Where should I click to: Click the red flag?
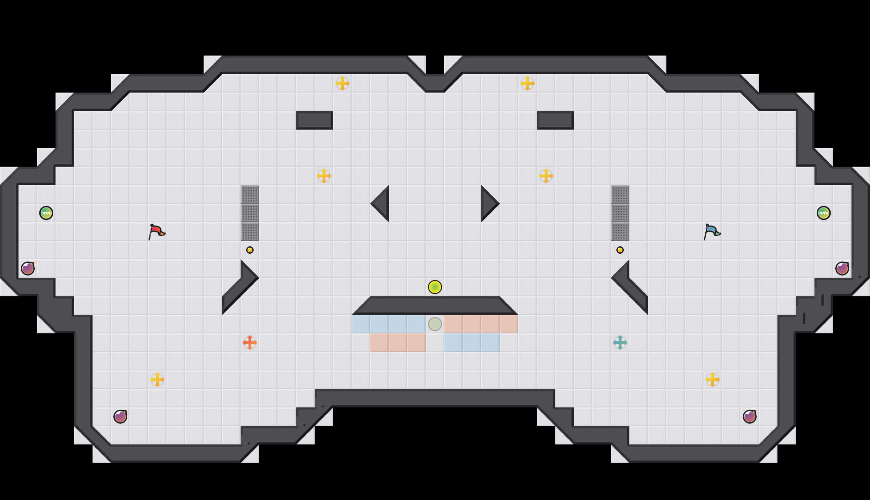pos(156,231)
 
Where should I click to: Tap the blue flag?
pos(712,231)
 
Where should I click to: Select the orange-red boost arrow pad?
pos(250,343)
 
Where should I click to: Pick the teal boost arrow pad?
pos(620,343)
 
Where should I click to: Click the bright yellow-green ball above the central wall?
pos(435,287)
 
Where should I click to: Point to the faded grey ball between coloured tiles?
pos(435,324)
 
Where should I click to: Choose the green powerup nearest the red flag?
pos(46,213)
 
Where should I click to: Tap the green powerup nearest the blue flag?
pos(824,213)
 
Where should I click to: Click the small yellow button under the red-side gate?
pos(250,250)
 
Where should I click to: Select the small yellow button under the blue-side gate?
pos(620,250)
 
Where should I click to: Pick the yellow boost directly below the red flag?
pos(157,380)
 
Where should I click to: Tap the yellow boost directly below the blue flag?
pos(713,380)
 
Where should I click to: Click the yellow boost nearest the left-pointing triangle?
pos(324,176)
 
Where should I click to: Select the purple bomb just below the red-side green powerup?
pos(28,269)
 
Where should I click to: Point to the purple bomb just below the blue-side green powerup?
pos(842,269)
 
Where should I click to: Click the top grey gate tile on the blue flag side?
pos(620,194)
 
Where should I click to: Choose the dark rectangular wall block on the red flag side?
pos(315,120)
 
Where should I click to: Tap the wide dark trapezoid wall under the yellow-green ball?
pos(435,306)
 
